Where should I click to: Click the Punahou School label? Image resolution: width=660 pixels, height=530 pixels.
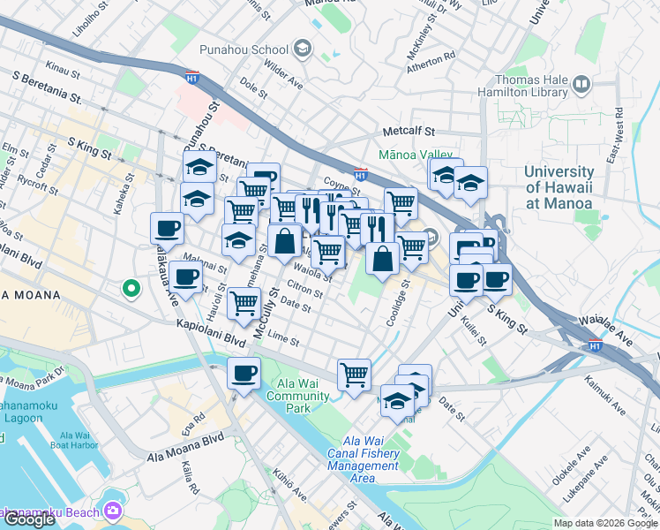tap(244, 49)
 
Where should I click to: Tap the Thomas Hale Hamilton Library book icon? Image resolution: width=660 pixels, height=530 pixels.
tap(581, 86)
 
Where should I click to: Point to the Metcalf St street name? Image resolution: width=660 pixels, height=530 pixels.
tap(409, 132)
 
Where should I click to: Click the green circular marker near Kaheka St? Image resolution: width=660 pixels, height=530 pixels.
tap(131, 288)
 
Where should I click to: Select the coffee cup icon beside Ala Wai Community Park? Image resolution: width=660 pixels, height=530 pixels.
tap(244, 372)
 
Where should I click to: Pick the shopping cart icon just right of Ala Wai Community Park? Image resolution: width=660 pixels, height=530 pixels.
tap(354, 374)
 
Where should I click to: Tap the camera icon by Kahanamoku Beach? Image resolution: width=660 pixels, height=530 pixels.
tap(112, 511)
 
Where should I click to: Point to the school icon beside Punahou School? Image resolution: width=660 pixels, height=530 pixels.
tap(304, 48)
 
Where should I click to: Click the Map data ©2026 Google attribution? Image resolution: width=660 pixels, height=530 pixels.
tap(604, 523)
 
